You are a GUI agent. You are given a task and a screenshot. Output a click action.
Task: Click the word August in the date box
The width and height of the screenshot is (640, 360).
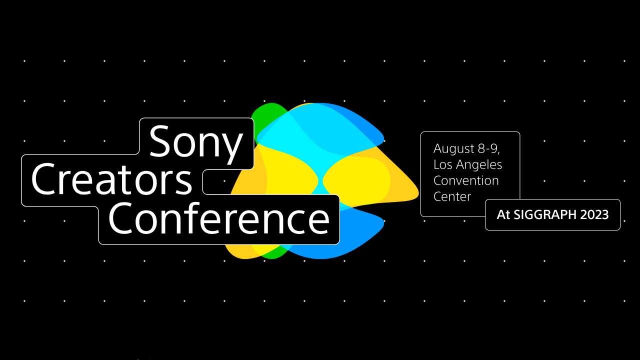[454, 148]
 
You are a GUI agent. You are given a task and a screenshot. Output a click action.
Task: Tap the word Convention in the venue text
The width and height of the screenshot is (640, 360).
[466, 180]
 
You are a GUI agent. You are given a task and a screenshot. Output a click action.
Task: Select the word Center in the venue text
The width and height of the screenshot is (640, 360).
[452, 196]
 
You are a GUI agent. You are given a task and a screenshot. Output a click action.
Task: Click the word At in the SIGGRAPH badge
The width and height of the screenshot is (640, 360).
[502, 215]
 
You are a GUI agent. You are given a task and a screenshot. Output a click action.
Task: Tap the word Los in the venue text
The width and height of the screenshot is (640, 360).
[442, 164]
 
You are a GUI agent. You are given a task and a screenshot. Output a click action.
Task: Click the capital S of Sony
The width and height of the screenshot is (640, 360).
[161, 142]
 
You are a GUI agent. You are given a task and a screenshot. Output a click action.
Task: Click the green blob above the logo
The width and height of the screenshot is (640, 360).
[266, 115]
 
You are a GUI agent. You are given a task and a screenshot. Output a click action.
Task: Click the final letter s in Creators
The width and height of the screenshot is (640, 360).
[184, 182]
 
